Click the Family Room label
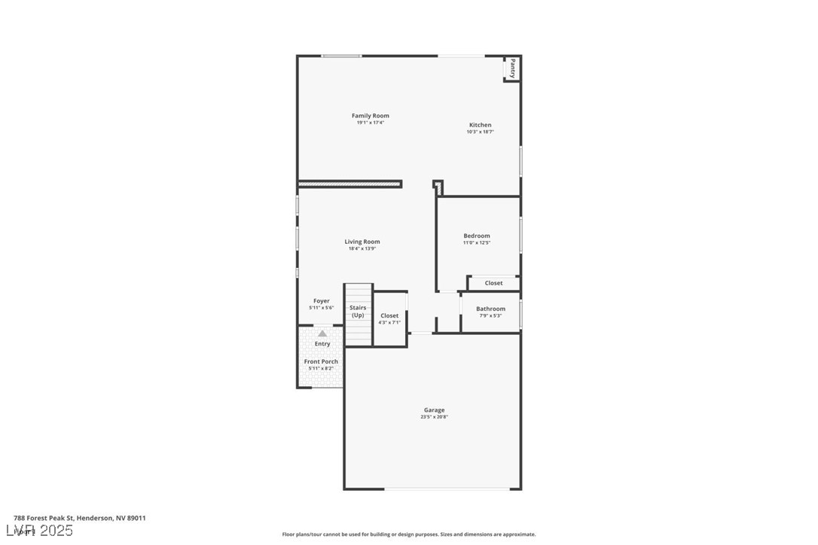coord(370,116)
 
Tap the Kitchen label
coord(480,125)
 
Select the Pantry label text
coord(512,69)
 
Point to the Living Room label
coord(362,242)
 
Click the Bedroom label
coord(476,236)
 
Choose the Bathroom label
coord(490,309)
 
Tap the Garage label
coord(434,410)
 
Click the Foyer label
coord(322,301)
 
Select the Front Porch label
coord(321,361)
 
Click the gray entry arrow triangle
coord(322,333)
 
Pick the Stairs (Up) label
coord(358,311)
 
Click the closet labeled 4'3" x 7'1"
coord(389,318)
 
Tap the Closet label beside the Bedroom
coord(493,283)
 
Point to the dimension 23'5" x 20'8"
coord(434,417)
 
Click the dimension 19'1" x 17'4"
coord(370,123)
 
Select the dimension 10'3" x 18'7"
coord(480,132)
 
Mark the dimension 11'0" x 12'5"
coord(476,242)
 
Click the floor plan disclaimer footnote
coord(409,534)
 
